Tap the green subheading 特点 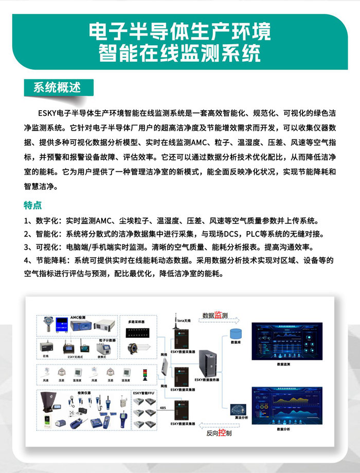pyautogui.click(x=32, y=205)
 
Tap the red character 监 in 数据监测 pyautogui.click(x=218, y=314)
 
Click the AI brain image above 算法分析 pyautogui.click(x=237, y=410)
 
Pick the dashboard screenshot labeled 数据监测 pyautogui.click(x=283, y=342)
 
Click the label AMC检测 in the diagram pyautogui.click(x=78, y=318)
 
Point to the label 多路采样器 pyautogui.click(x=136, y=322)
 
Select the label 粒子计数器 pyautogui.click(x=107, y=340)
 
